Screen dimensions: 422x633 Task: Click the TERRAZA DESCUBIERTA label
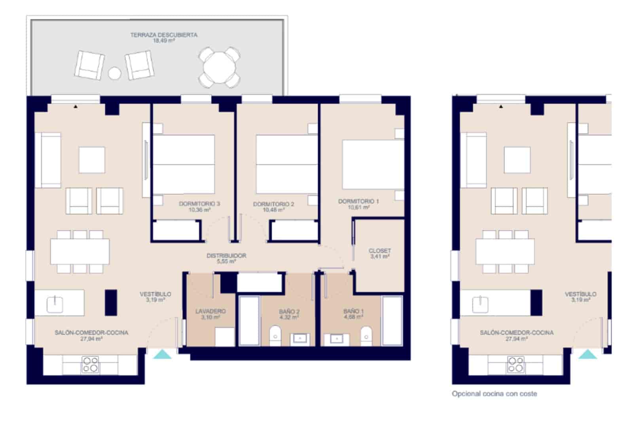tap(164, 35)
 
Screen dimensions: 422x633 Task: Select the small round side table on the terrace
tap(115, 73)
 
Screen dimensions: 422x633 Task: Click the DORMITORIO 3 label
tap(199, 204)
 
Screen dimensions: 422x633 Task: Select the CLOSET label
tap(379, 251)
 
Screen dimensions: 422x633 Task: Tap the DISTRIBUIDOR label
tap(226, 256)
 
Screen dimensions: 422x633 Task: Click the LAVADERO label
tap(210, 311)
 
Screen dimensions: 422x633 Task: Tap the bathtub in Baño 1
tap(392, 320)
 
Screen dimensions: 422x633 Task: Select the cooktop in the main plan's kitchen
tap(90, 365)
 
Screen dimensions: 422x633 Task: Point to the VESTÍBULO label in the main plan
tap(155, 294)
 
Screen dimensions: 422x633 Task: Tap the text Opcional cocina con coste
tap(494, 394)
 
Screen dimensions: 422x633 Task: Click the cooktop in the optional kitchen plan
tap(516, 365)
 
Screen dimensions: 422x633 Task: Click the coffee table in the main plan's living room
tap(92, 160)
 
